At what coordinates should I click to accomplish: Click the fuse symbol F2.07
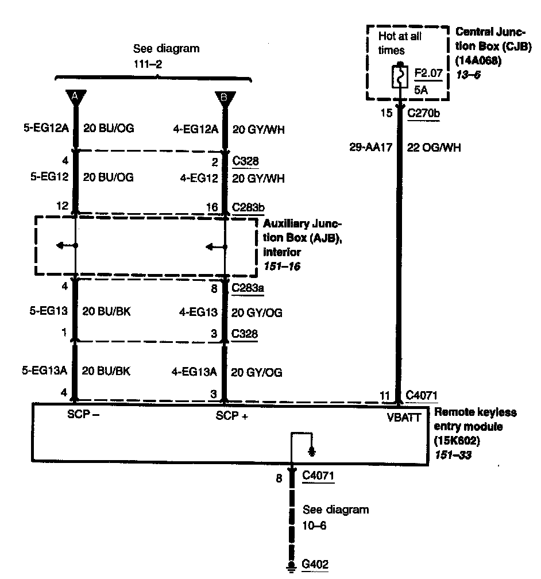click(397, 77)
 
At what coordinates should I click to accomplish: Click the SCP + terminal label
click(232, 416)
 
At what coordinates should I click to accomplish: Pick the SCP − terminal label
click(84, 415)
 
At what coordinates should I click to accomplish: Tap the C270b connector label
click(423, 114)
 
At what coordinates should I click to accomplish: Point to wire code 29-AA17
click(370, 148)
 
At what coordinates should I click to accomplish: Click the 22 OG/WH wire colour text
click(434, 148)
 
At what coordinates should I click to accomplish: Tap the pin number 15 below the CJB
click(387, 113)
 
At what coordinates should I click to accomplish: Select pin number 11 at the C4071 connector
click(385, 395)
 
